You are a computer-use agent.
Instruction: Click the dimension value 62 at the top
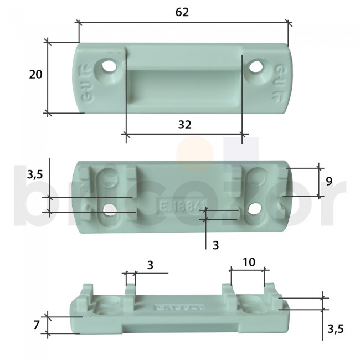tap(182, 12)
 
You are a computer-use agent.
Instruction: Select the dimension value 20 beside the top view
tap(35, 75)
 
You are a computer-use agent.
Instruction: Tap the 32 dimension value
tap(185, 125)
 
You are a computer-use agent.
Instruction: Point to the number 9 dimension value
tap(328, 181)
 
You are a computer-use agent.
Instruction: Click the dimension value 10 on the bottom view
tap(249, 262)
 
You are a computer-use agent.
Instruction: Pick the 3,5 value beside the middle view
tap(34, 175)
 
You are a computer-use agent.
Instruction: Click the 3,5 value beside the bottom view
tap(335, 329)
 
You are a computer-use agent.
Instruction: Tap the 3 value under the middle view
tap(215, 244)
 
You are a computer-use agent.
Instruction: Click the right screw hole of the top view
tap(255, 68)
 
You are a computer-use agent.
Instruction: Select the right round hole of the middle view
tap(254, 209)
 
